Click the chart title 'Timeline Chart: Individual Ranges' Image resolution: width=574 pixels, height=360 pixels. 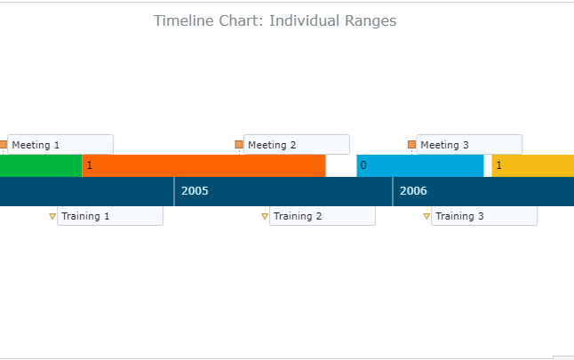[x=275, y=20]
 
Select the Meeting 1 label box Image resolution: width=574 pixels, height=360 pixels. [x=60, y=145]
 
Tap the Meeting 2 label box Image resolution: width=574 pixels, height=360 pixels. [x=297, y=145]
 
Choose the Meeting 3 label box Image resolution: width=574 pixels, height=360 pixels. [x=469, y=145]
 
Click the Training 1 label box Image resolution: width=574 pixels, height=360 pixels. [x=110, y=216]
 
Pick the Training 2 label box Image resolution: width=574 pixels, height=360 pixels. [x=323, y=216]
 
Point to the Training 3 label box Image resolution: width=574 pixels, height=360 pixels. [x=484, y=216]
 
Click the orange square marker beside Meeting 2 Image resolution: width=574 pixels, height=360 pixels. [x=239, y=145]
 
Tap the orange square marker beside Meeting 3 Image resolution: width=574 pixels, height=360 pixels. [x=411, y=145]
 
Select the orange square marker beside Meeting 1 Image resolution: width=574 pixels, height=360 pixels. [x=3, y=145]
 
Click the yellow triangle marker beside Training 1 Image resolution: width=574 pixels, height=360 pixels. [x=52, y=216]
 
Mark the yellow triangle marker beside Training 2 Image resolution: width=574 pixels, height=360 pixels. [x=265, y=216]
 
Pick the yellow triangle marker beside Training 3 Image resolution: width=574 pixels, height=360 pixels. [x=427, y=216]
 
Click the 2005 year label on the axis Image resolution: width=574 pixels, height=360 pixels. [x=195, y=191]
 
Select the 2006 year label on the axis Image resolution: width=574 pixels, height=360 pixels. [x=413, y=191]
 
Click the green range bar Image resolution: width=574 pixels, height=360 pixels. [x=41, y=166]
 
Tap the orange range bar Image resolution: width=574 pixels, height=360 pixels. [x=203, y=166]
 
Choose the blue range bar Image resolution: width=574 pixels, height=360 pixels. [x=420, y=166]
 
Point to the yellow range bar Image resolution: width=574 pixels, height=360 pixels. [x=533, y=166]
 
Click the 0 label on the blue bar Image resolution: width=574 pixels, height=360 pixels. [x=363, y=165]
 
